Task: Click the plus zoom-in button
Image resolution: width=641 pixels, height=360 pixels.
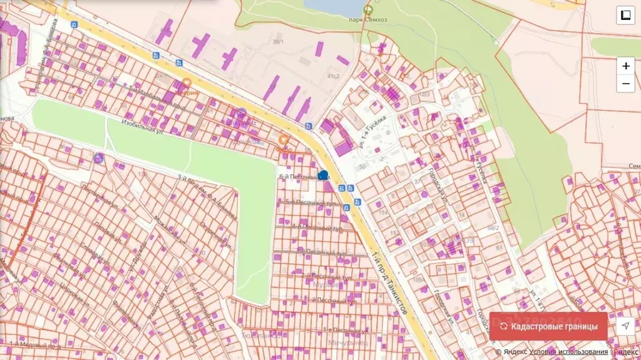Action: tap(625, 66)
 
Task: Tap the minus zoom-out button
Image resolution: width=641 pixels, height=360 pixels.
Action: tap(625, 83)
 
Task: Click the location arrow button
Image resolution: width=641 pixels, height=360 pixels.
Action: tap(625, 326)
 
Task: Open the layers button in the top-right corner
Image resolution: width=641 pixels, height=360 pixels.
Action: tap(625, 15)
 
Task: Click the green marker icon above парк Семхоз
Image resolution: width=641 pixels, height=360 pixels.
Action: tap(367, 9)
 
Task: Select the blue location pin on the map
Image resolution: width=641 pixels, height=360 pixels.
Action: tap(323, 175)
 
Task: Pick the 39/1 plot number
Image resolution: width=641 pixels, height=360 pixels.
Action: tap(278, 42)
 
